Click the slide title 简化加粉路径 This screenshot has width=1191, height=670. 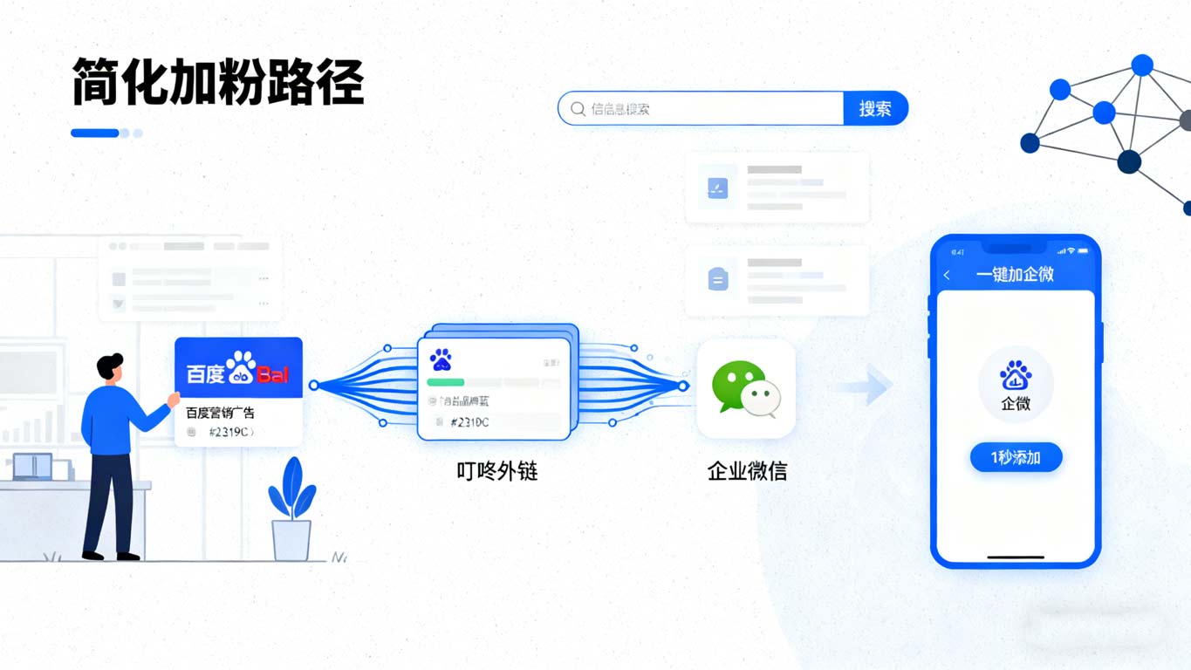coord(217,83)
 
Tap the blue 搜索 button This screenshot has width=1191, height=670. coord(875,109)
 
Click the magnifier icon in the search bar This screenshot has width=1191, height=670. coord(578,109)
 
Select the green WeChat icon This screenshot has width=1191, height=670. coord(744,388)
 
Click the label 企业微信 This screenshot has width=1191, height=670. coord(747,471)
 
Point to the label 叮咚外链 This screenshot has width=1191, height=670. coord(497,471)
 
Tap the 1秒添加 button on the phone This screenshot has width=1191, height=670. coord(1016,457)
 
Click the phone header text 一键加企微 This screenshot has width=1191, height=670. coord(1015,275)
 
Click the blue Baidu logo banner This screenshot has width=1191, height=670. coord(238,368)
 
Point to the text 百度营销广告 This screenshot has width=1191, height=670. coord(220,413)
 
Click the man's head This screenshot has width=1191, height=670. coord(109,366)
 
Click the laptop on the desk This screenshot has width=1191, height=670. coord(33,468)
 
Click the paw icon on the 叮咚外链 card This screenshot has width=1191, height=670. coord(441,359)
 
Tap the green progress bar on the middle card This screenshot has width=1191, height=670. coord(445,382)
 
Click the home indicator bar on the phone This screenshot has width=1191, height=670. coord(1016,557)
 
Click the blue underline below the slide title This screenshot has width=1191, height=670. coord(95,133)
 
